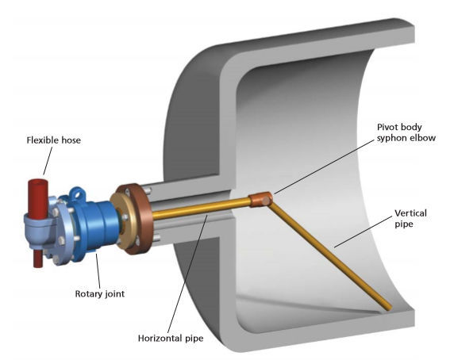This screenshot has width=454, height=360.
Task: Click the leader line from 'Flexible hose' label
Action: coord(46,163)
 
